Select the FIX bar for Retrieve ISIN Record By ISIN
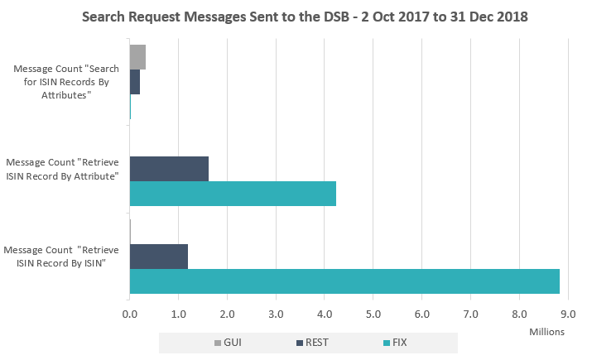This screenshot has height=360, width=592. pyautogui.click(x=344, y=281)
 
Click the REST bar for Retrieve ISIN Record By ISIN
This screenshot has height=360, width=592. pyautogui.click(x=159, y=256)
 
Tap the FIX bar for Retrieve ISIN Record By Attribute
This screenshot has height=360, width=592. pyautogui.click(x=233, y=194)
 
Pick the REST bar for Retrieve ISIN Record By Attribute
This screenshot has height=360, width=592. pyautogui.click(x=169, y=169)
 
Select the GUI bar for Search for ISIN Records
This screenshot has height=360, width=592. pyautogui.click(x=137, y=57)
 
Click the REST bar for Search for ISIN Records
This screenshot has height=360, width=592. pyautogui.click(x=135, y=82)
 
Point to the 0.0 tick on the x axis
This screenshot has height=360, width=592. pyautogui.click(x=130, y=314)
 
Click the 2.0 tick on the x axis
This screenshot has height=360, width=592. pyautogui.click(x=228, y=314)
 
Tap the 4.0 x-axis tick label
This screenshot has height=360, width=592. pyautogui.click(x=325, y=314)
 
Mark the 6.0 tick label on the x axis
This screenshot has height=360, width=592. pyautogui.click(x=422, y=314)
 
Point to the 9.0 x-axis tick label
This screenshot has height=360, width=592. pyautogui.click(x=568, y=314)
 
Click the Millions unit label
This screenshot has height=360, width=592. pyautogui.click(x=546, y=331)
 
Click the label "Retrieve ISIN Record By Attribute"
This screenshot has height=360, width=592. pyautogui.click(x=62, y=169)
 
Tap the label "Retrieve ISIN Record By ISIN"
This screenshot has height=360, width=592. pyautogui.click(x=62, y=256)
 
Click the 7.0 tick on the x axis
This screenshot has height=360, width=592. pyautogui.click(x=471, y=314)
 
